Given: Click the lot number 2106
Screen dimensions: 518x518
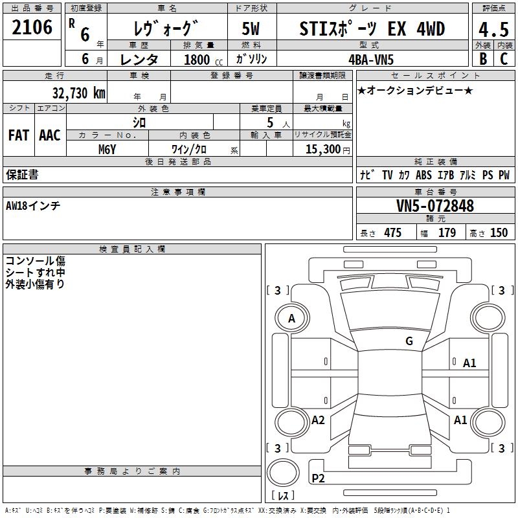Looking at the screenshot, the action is point(32,28).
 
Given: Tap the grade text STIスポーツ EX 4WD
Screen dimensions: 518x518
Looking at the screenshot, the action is point(372,28).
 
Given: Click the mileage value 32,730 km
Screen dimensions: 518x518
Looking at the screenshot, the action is point(78,92).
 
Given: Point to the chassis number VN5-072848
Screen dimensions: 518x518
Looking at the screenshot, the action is point(434,206).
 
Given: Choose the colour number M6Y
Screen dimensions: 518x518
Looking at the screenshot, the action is point(107,149).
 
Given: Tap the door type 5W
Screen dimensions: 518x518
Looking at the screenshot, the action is point(251,28).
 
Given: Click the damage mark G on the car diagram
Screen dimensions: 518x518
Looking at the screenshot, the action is point(409,341).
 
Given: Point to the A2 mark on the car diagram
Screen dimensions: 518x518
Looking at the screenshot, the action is point(318,420).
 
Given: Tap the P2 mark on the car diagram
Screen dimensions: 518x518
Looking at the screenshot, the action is point(318,479).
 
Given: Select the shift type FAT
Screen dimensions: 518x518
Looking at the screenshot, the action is point(19,135).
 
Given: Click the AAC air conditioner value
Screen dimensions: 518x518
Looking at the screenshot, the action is point(49,135).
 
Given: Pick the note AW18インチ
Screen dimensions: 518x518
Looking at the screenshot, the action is point(33,205).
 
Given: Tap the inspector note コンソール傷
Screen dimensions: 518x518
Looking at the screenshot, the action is point(35,261).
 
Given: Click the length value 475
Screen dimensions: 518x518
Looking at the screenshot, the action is point(392,233).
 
